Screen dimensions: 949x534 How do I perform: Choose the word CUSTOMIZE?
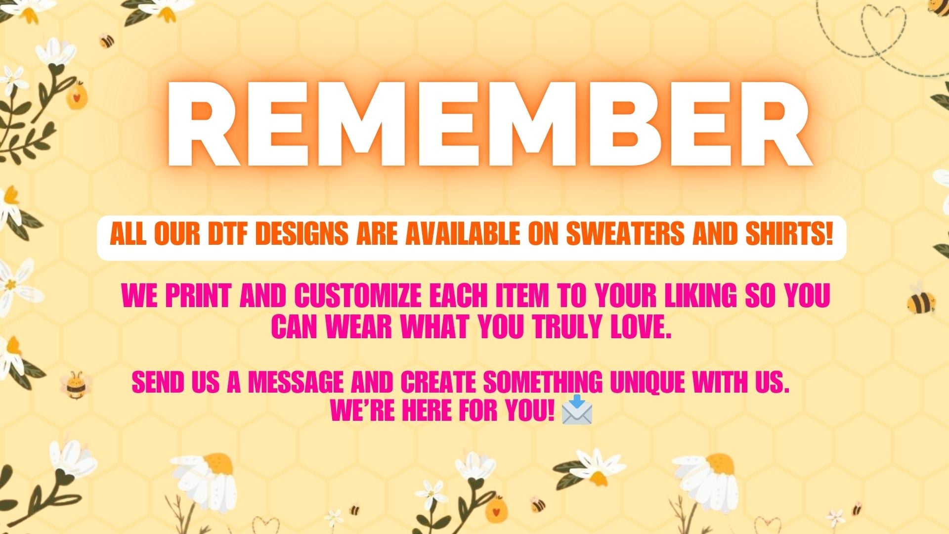point(358,296)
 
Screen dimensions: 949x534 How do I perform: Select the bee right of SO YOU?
point(920,300)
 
